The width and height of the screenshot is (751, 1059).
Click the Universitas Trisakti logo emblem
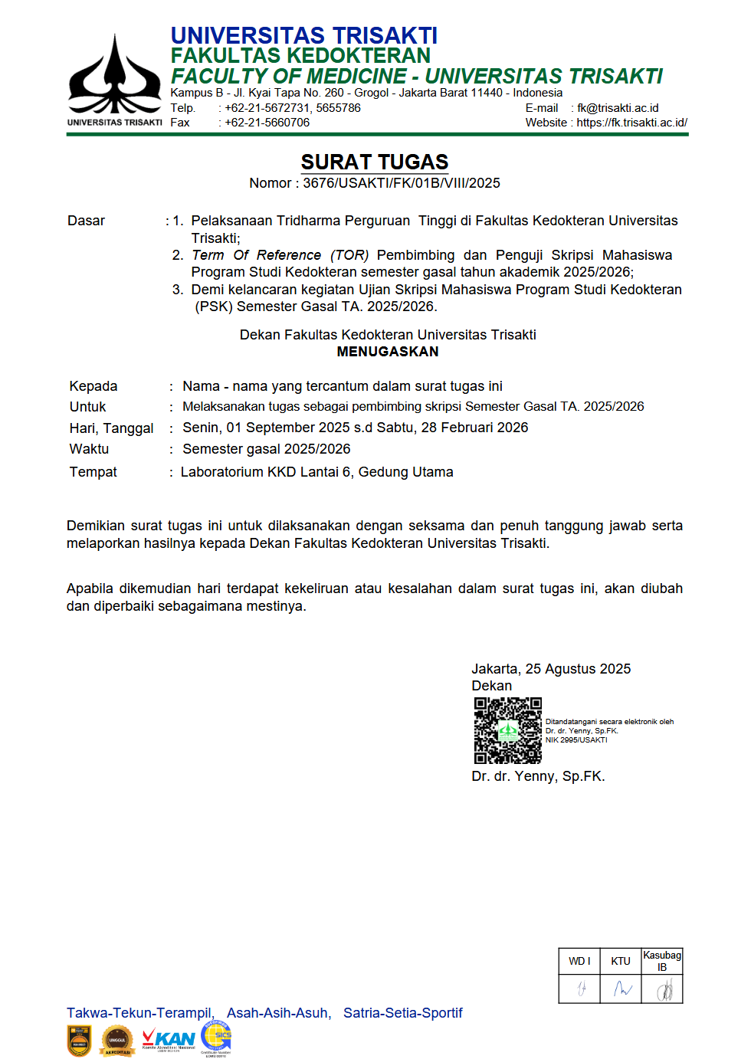tap(115, 77)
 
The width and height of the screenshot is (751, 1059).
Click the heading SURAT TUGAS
tap(374, 162)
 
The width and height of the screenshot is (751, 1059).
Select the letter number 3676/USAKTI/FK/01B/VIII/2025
tap(401, 183)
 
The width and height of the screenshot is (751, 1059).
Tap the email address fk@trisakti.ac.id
tap(618, 108)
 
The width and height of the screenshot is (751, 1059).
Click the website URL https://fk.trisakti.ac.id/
tap(631, 123)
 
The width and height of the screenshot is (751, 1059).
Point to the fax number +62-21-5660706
tap(267, 123)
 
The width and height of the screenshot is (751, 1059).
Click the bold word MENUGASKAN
tap(388, 352)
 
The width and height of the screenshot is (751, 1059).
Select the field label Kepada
tap(93, 386)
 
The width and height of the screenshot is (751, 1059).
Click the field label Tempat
tap(93, 472)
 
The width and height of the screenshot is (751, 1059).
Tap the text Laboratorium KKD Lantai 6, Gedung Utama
tap(316, 472)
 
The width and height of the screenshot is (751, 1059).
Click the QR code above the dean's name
tap(507, 730)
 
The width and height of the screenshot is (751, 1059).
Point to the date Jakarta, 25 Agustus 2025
tap(551, 669)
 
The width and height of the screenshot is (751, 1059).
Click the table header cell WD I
tap(579, 961)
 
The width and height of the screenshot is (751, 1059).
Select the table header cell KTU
tap(621, 961)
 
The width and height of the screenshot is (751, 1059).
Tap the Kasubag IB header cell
tap(662, 961)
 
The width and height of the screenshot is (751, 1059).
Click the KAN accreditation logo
tap(169, 1041)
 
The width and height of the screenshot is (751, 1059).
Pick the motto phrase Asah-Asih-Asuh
tap(278, 1013)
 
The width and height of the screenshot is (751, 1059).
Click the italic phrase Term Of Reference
tap(257, 255)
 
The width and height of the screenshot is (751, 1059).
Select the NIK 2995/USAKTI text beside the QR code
tap(576, 740)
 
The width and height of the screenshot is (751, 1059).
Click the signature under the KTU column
tap(621, 989)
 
